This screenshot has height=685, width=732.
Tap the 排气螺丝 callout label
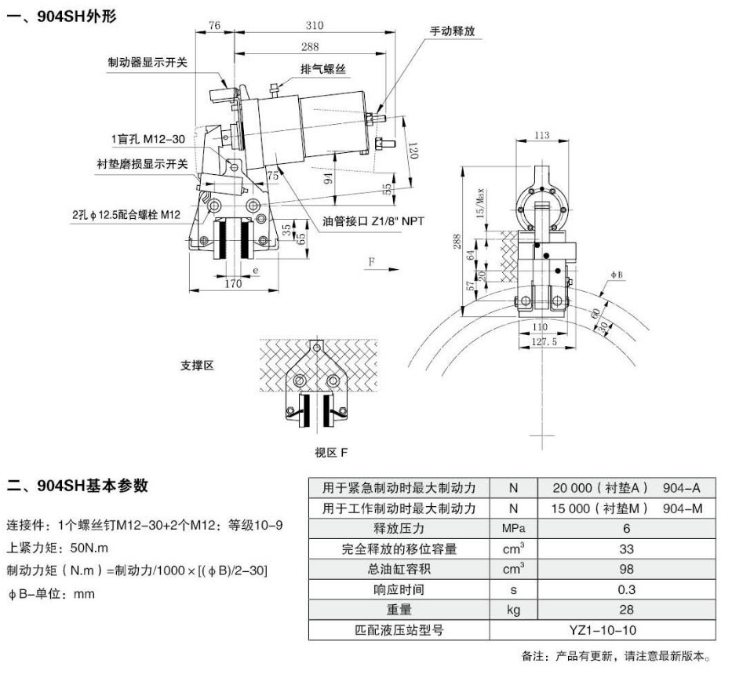tap(323, 70)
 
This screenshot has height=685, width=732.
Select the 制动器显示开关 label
tap(147, 61)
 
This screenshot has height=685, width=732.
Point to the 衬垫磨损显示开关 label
tap(142, 164)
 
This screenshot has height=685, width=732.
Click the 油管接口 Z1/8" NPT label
tap(373, 221)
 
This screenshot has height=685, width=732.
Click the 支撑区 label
tap(198, 366)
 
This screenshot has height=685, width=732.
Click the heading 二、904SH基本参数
tap(78, 486)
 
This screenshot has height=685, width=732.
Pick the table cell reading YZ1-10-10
tap(603, 629)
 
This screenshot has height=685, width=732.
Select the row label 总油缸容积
tap(399, 569)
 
